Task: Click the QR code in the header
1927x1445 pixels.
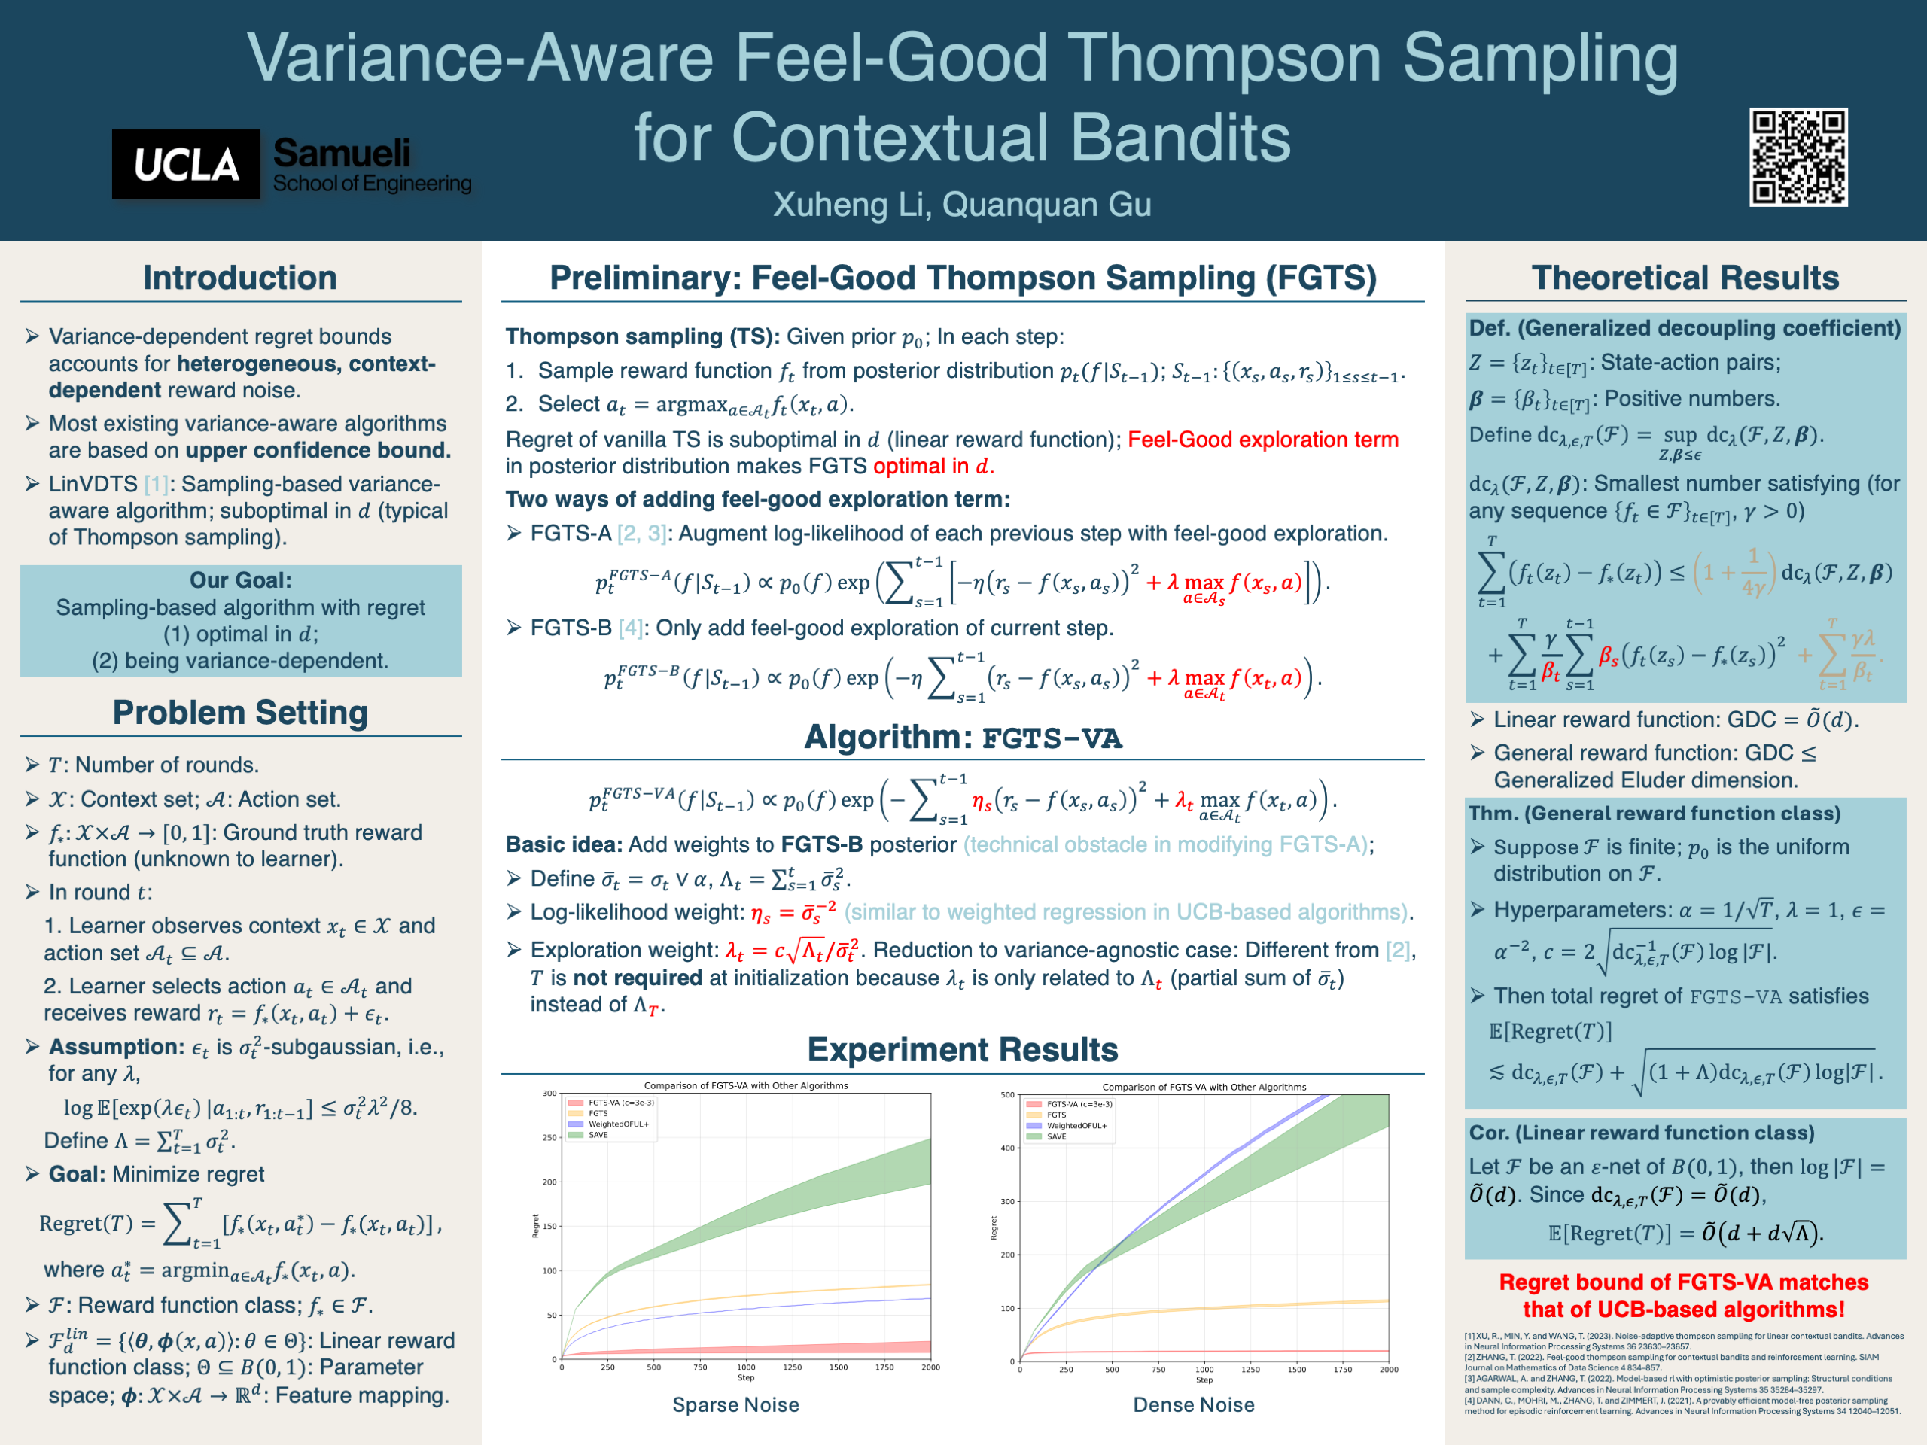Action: (x=1798, y=157)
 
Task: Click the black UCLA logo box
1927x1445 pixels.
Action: (x=186, y=165)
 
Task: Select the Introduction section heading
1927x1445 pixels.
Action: (x=239, y=278)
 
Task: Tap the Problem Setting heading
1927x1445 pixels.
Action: (x=239, y=713)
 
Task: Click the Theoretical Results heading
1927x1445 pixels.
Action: (x=1685, y=278)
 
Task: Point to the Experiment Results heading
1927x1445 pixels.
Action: (x=962, y=1050)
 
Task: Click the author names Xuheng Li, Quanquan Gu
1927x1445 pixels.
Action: (x=962, y=205)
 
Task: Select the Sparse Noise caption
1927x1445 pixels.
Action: (x=735, y=1404)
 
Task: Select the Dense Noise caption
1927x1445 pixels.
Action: (x=1194, y=1404)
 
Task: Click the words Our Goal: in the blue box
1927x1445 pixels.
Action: (x=240, y=580)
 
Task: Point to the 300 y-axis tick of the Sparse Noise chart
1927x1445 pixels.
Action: (x=549, y=1093)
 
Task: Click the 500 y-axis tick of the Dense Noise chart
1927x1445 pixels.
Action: (x=1007, y=1095)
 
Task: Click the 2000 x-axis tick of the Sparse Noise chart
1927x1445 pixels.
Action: (x=930, y=1367)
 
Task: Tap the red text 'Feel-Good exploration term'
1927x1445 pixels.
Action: (x=1262, y=440)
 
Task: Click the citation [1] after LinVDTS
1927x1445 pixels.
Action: (x=157, y=484)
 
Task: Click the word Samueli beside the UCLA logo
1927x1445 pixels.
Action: (x=342, y=154)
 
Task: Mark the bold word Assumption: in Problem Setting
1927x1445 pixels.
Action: (x=116, y=1047)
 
